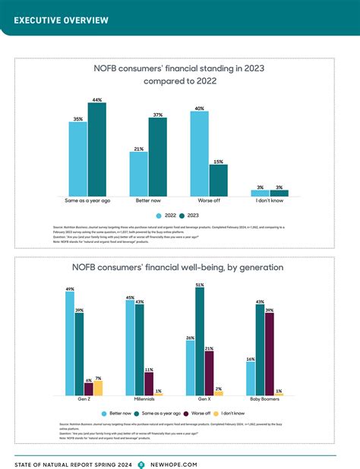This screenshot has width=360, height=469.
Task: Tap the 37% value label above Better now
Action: coord(157,115)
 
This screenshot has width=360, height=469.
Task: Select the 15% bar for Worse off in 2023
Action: coord(219,181)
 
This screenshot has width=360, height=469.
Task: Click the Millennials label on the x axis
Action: coord(140,398)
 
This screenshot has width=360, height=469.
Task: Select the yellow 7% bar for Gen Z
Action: coord(97,388)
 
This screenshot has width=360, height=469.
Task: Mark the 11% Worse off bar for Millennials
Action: coord(149,383)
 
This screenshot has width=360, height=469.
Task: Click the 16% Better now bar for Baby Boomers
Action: coord(250,378)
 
